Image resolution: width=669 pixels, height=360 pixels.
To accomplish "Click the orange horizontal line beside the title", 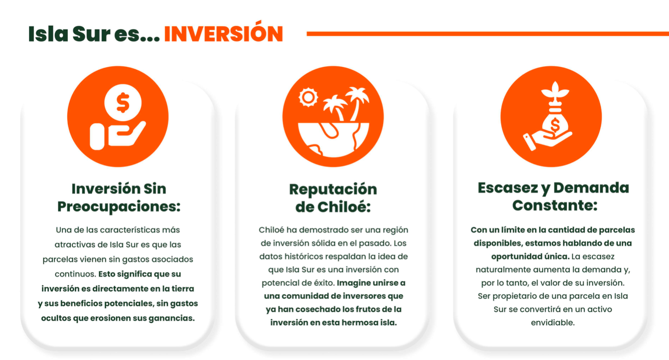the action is coord(488,34).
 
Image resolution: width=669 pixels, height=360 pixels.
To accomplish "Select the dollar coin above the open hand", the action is coord(123,103).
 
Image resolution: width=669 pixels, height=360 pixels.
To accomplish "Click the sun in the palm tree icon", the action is coord(308,97).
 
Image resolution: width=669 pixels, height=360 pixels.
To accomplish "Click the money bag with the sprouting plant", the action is coord(555,123).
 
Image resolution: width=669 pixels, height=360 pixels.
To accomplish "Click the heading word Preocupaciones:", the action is coord(119,207).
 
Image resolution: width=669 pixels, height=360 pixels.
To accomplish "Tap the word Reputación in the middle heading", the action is coord(333,190).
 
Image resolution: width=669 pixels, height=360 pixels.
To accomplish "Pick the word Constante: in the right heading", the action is coord(555,205).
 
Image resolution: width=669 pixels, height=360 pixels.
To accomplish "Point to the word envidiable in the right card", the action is coord(552,323).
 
